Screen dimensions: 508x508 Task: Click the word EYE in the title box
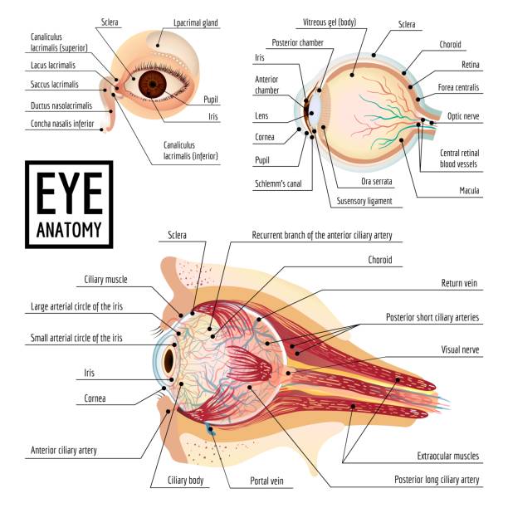[69, 193]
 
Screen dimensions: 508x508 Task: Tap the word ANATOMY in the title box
[69, 230]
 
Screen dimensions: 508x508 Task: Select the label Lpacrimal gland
[196, 23]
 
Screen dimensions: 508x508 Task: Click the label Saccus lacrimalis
[55, 85]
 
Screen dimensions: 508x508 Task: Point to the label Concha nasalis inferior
[62, 124]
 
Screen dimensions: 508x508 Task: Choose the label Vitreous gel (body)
[330, 22]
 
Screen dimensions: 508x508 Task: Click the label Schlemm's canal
[278, 183]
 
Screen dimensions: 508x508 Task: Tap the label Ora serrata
[377, 182]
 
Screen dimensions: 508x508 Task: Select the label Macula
[469, 191]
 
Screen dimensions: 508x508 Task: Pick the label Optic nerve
[463, 116]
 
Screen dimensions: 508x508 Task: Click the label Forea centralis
[458, 87]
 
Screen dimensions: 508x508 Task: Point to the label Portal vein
[266, 481]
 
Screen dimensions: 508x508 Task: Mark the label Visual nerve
[460, 350]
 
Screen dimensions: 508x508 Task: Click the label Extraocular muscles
[448, 457]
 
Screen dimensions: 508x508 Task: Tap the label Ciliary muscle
[105, 280]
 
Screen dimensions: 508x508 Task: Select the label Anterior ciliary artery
[64, 451]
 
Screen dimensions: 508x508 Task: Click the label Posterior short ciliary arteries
[432, 317]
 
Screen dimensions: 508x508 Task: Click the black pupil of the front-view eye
[153, 85]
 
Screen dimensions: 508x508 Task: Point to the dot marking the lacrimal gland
[158, 46]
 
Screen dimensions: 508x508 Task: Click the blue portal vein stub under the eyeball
[209, 428]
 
